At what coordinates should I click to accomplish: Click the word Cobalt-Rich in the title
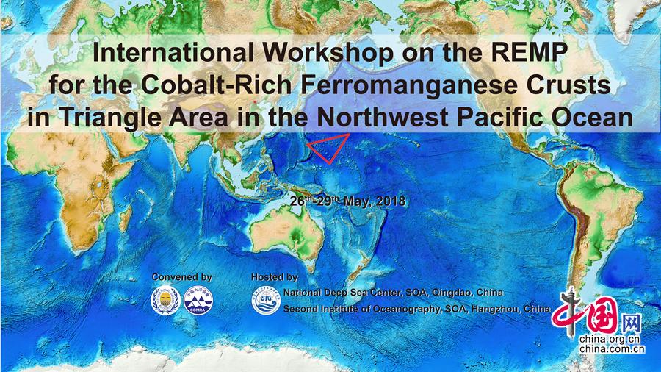point(216,85)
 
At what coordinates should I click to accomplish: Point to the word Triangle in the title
point(110,118)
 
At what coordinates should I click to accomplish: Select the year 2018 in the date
point(391,201)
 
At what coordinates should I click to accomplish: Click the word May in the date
point(357,202)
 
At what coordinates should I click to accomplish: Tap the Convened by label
point(181,277)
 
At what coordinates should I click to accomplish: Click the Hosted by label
point(275,277)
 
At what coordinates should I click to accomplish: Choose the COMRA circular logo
point(198,300)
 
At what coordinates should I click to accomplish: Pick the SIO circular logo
point(267,300)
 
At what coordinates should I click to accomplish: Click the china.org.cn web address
point(610,339)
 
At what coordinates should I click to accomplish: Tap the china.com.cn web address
point(612,348)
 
